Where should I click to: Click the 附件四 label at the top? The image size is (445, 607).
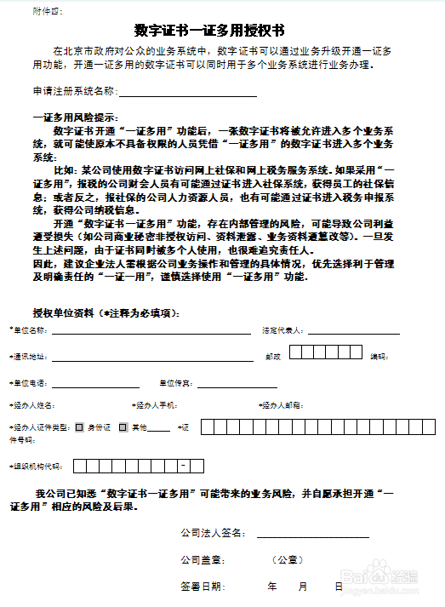(x=46, y=11)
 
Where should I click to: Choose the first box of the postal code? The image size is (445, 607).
(x=297, y=353)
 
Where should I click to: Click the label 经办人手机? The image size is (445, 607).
(x=155, y=405)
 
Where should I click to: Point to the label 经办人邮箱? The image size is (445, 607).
(x=281, y=405)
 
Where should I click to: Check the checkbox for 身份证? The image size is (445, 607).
(x=79, y=427)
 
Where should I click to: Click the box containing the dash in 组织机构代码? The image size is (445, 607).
(x=183, y=466)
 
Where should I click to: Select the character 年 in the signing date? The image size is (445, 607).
(x=272, y=587)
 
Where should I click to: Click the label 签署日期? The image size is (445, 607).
(x=203, y=587)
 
